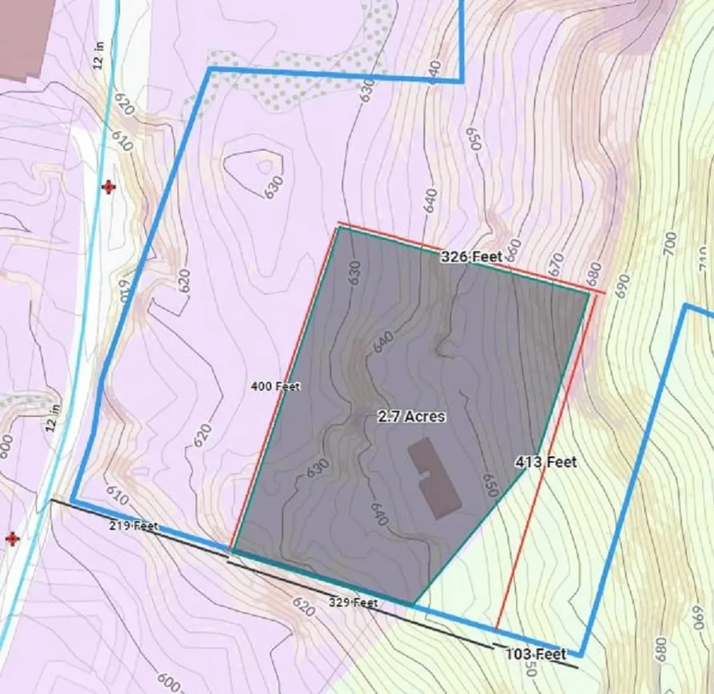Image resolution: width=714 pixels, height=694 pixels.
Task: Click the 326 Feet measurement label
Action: coord(471,257)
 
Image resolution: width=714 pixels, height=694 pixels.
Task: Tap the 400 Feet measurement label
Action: coord(275,386)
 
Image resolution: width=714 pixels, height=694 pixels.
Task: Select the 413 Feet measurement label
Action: coord(546,462)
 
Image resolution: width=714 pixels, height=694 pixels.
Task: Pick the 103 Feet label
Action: coord(535,654)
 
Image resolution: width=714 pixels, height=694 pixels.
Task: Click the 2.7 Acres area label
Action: coord(411,416)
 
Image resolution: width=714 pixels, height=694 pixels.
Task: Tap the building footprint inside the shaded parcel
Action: coord(434,478)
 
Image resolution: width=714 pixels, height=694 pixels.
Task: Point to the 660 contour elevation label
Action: coord(513,248)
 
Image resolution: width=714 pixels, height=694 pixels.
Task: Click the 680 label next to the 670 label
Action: coord(593,275)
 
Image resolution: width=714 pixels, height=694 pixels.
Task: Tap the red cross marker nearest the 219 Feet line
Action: coord(12,538)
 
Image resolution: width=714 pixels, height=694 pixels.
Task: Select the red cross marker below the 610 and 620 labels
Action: coord(108,187)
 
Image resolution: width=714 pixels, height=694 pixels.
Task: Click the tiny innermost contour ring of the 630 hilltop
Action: coord(265,166)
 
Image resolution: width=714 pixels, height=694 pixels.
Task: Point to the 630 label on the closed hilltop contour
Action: coord(275,187)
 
